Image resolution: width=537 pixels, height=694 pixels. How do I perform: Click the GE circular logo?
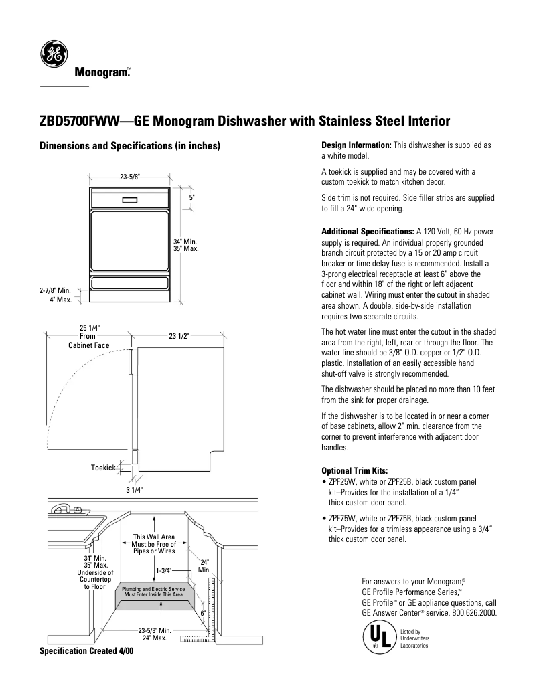tap(53, 54)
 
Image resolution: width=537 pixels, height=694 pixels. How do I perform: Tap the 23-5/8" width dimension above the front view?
tap(130, 177)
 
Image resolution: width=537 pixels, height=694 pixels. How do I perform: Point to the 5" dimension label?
tap(191, 199)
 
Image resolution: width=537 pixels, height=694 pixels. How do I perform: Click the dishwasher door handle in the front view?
tap(130, 199)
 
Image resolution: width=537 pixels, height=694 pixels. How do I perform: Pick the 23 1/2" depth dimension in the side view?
tap(179, 336)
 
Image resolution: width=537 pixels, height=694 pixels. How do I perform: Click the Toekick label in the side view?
tap(104, 467)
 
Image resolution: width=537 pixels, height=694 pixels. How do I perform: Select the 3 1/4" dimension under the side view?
tap(135, 490)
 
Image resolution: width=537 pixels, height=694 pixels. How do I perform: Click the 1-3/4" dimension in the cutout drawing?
tap(164, 570)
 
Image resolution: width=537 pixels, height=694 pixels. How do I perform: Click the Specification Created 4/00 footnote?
tap(86, 650)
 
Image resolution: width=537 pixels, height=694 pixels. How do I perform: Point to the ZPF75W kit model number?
tap(341, 517)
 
